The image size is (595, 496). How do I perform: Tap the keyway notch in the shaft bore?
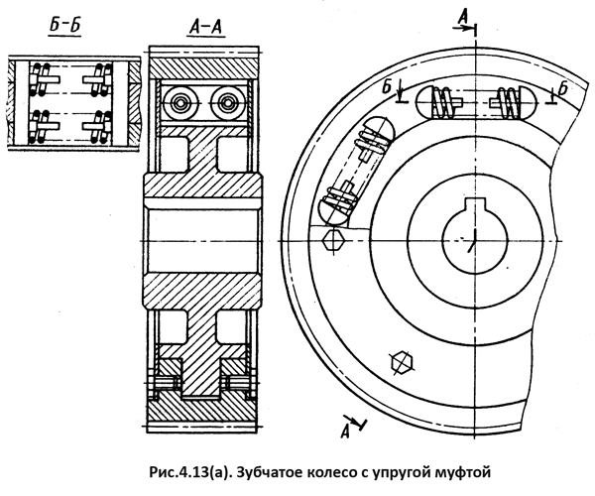(x=474, y=204)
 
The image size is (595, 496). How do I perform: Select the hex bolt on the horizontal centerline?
(x=333, y=241)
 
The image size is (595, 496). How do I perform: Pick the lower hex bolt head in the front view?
(x=403, y=362)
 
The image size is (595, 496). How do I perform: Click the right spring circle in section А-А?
(x=226, y=102)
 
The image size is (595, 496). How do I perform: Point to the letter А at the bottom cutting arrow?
(x=345, y=432)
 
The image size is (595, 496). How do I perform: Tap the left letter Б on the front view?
(x=387, y=87)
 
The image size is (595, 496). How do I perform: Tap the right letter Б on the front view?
(x=563, y=89)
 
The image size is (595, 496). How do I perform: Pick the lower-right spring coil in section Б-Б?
(x=100, y=127)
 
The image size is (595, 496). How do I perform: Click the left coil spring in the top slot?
(x=441, y=102)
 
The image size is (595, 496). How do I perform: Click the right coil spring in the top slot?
(x=508, y=102)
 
